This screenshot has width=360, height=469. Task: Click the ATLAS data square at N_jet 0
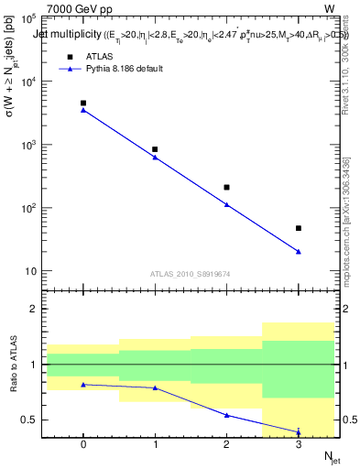83,104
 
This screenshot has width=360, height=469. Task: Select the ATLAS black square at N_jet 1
155,149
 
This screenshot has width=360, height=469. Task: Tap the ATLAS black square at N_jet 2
226,187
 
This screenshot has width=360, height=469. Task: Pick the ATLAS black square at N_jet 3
299,228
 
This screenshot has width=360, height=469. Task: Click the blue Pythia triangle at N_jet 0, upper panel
83,110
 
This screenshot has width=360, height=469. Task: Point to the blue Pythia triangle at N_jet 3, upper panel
299,251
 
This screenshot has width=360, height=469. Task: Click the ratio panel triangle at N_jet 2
226,415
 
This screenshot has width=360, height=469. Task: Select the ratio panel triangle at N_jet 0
83,385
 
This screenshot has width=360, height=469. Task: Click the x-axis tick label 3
299,444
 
